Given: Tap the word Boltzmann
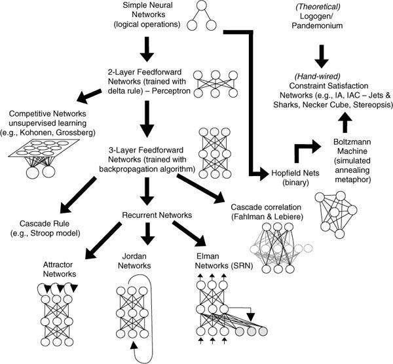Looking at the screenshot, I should [x=347, y=140].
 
